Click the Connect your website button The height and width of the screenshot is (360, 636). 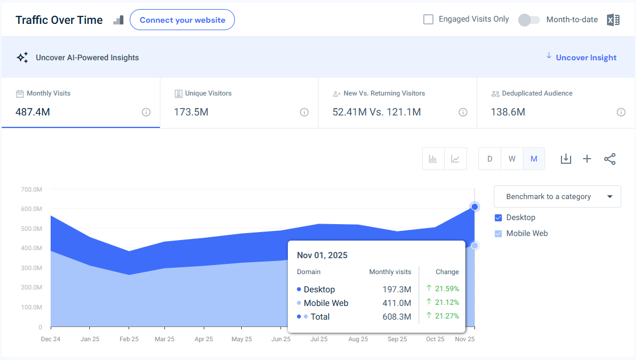pos(182,20)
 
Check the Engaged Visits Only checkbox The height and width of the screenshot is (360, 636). pos(428,19)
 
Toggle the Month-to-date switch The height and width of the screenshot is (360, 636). pos(528,20)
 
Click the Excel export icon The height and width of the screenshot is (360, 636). pos(613,20)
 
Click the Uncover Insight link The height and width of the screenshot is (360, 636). pos(586,57)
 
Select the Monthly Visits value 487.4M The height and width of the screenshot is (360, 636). pos(33,112)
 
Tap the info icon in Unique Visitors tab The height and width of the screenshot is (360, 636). pos(304,112)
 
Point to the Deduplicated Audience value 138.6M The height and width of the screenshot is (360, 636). pos(508,112)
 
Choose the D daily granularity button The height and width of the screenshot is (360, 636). pos(489,159)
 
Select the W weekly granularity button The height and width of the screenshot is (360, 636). pos(511,159)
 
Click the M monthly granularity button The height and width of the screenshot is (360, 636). pos(534,159)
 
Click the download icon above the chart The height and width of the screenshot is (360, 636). pos(565,159)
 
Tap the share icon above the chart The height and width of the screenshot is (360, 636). pos(610,159)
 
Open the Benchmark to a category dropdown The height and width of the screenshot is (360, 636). pos(557,197)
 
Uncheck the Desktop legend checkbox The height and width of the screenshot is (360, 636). pos(499,218)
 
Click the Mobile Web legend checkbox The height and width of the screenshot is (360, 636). pos(499,234)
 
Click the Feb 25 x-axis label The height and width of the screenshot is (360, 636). pos(129,339)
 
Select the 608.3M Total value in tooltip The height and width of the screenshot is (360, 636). pos(397,317)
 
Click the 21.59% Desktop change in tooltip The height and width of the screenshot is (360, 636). pos(447,289)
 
